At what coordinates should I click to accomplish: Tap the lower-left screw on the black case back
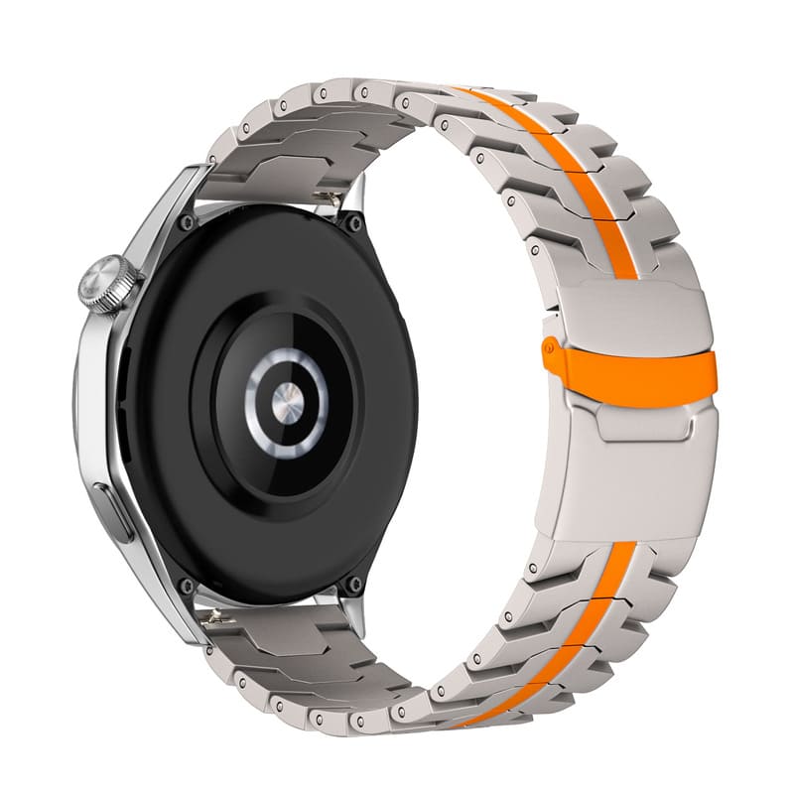187,586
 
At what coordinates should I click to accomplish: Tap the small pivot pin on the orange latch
548,346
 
